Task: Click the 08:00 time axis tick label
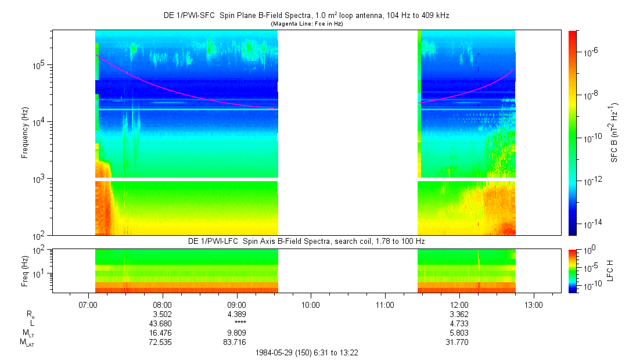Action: [162, 304]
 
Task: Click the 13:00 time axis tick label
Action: [534, 304]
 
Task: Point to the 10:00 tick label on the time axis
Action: [311, 304]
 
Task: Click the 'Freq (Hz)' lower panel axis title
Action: [25, 269]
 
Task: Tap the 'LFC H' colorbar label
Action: [610, 270]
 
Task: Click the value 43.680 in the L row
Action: [162, 323]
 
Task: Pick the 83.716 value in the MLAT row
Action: [237, 342]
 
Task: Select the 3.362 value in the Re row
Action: [459, 314]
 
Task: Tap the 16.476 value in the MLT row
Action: [162, 333]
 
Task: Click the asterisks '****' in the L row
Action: [237, 323]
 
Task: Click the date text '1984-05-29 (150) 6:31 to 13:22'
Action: [311, 352]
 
